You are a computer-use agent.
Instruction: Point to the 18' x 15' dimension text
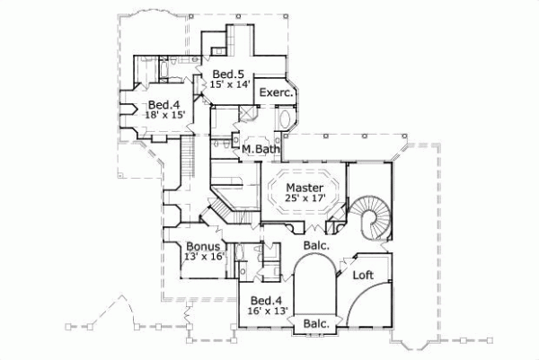166,115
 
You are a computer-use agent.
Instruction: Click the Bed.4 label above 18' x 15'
165,104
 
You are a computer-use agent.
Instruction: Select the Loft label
363,275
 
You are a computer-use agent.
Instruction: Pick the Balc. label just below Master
316,244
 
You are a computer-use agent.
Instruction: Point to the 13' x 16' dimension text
203,257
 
